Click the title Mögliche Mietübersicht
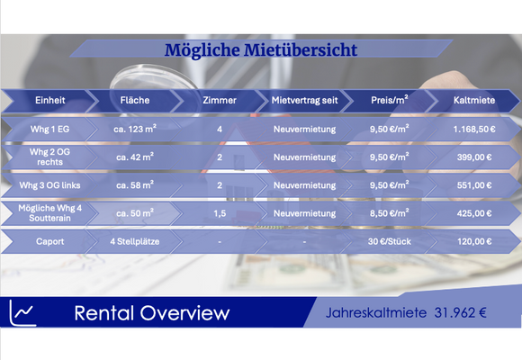click(x=261, y=49)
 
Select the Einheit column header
click(x=49, y=100)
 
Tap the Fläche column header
click(x=134, y=100)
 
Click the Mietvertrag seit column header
click(x=304, y=100)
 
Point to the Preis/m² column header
click(x=389, y=100)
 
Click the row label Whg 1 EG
click(x=49, y=130)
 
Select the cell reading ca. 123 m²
click(x=134, y=130)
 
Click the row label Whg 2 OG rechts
click(x=49, y=157)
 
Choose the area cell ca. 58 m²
click(x=134, y=185)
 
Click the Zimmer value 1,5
click(x=220, y=213)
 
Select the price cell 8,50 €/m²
click(x=389, y=213)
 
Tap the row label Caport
click(x=49, y=241)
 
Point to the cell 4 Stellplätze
click(x=134, y=241)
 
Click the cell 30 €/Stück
click(x=389, y=241)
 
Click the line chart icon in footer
click(x=22, y=312)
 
